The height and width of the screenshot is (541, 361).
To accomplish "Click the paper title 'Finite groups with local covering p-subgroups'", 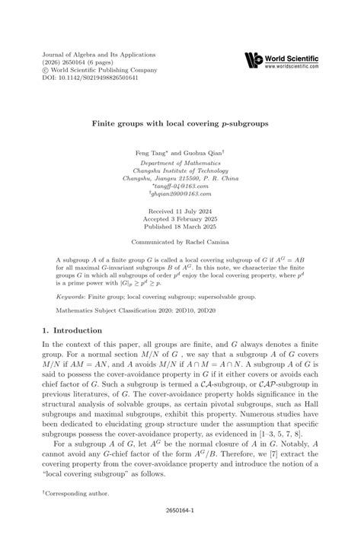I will coord(180,121).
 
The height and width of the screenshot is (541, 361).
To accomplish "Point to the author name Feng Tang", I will coord(152,152).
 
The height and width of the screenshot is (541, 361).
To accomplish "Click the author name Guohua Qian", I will coord(202,152).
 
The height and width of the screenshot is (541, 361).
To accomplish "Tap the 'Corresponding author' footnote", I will coord(75,493).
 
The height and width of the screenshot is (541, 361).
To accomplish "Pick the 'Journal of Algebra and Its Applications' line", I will coord(86,56).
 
